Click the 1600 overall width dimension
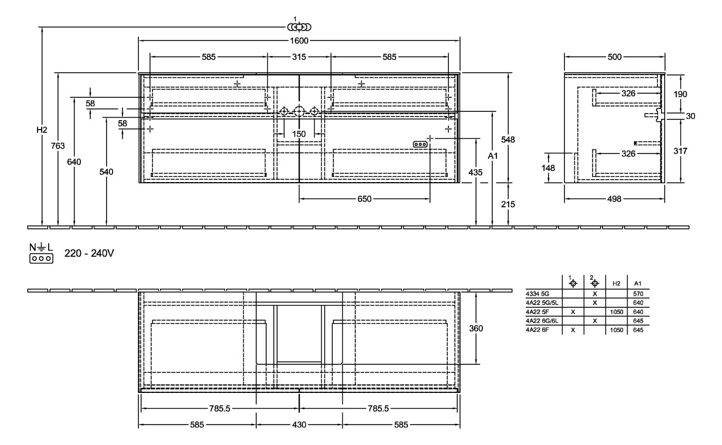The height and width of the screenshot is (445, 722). pyautogui.click(x=299, y=40)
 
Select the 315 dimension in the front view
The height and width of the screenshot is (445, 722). pyautogui.click(x=299, y=57)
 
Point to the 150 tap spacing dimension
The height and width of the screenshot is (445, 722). pyautogui.click(x=299, y=134)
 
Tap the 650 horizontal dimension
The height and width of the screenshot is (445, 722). pyautogui.click(x=364, y=199)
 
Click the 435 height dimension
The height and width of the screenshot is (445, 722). pyautogui.click(x=475, y=173)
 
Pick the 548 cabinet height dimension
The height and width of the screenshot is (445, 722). pyautogui.click(x=508, y=139)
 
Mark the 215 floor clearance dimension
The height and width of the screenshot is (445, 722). pyautogui.click(x=508, y=204)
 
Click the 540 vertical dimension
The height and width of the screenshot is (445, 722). pyautogui.click(x=106, y=172)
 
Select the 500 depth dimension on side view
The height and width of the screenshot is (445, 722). pyautogui.click(x=614, y=57)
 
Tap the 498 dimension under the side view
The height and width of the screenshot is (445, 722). pyautogui.click(x=614, y=199)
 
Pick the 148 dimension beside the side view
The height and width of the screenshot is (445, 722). pyautogui.click(x=549, y=168)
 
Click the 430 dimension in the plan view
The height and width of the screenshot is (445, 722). pyautogui.click(x=299, y=425)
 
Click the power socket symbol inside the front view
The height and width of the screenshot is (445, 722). pyautogui.click(x=420, y=144)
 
